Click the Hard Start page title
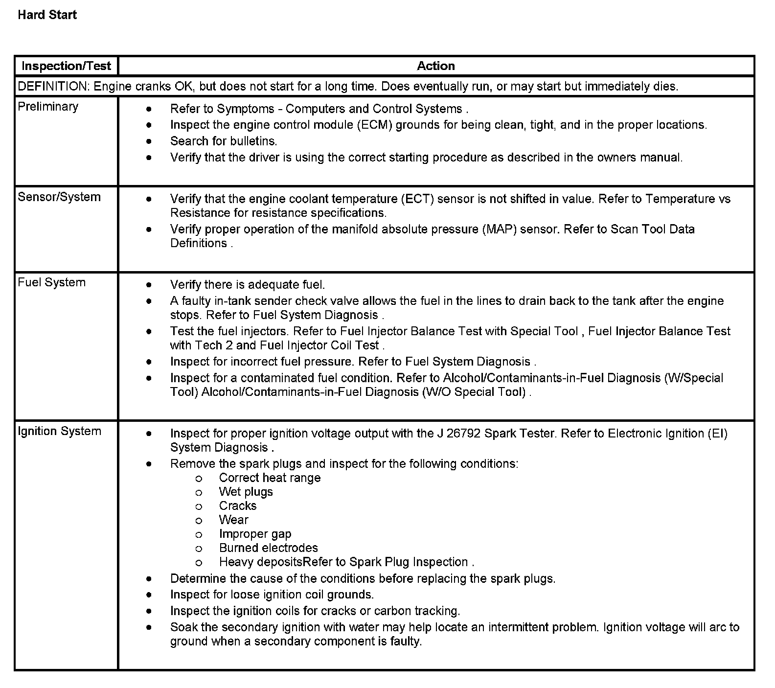tap(47, 15)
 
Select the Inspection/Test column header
tap(67, 66)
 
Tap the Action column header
tap(435, 66)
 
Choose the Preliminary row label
tap(48, 107)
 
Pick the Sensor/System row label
tap(59, 197)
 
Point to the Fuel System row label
tap(51, 282)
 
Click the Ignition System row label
tap(59, 431)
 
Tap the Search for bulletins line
tap(224, 141)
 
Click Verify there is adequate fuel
tap(247, 284)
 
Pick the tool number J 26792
tap(458, 433)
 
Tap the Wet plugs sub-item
tap(246, 492)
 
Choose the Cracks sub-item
tap(238, 505)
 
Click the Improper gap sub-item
tap(255, 534)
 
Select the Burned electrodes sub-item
tap(268, 548)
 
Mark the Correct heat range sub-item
tap(270, 478)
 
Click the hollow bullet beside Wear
tap(199, 520)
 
